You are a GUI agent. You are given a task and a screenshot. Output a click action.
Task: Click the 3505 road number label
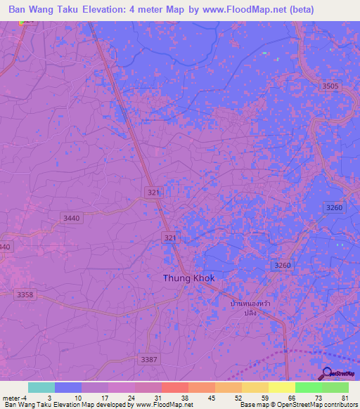point(330,86)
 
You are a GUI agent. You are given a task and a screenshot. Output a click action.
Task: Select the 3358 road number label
point(25,294)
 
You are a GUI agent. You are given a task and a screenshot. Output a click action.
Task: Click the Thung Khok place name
point(188,278)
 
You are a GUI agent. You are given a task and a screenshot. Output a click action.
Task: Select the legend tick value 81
point(345,397)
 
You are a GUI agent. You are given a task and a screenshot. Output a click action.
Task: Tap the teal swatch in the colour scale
point(41,387)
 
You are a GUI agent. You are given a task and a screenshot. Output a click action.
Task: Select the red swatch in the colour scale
point(174,387)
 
